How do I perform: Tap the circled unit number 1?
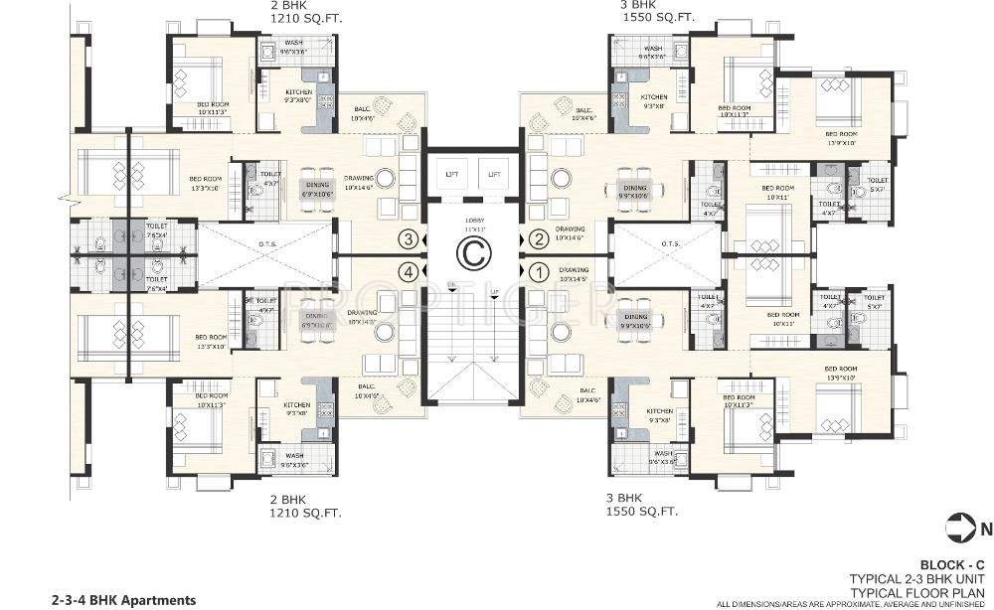[538, 269]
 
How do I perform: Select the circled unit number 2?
[538, 238]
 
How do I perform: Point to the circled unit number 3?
[408, 238]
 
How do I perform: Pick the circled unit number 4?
[408, 269]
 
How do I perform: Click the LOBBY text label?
[473, 220]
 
